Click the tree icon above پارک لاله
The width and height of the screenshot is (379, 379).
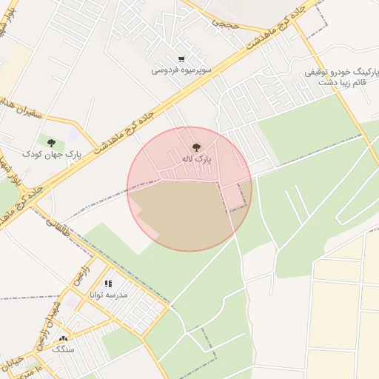(196, 147)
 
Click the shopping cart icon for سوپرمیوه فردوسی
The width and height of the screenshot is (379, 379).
(181, 59)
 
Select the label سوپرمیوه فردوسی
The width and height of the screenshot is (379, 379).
(181, 70)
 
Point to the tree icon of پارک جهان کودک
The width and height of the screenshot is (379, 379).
(51, 143)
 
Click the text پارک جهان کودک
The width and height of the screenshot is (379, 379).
(50, 154)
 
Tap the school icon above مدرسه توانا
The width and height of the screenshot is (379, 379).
(108, 284)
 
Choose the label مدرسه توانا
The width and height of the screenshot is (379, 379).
(108, 295)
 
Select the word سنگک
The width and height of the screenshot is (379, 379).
(63, 349)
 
